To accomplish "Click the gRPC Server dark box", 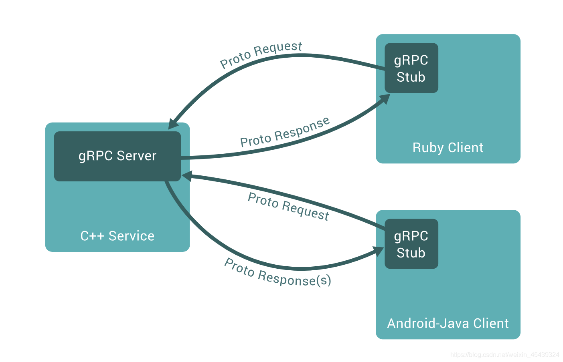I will [117, 156].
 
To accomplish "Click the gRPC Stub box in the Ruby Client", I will [411, 68].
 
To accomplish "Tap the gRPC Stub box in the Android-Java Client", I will [411, 244].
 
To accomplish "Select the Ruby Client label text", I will [448, 148].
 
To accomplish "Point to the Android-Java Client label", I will [448, 324].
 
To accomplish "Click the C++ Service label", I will [117, 236].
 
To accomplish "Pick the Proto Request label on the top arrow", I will [261, 54].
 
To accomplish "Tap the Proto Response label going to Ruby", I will [285, 133].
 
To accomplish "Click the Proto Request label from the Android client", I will [288, 206].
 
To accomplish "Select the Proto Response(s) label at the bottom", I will [277, 273].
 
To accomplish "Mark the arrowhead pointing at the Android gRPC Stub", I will [379, 251].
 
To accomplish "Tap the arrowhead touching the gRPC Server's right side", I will [186, 176].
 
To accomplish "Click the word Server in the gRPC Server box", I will [136, 156].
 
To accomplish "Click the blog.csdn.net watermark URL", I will [504, 355].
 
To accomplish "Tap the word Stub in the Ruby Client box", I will [411, 77].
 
